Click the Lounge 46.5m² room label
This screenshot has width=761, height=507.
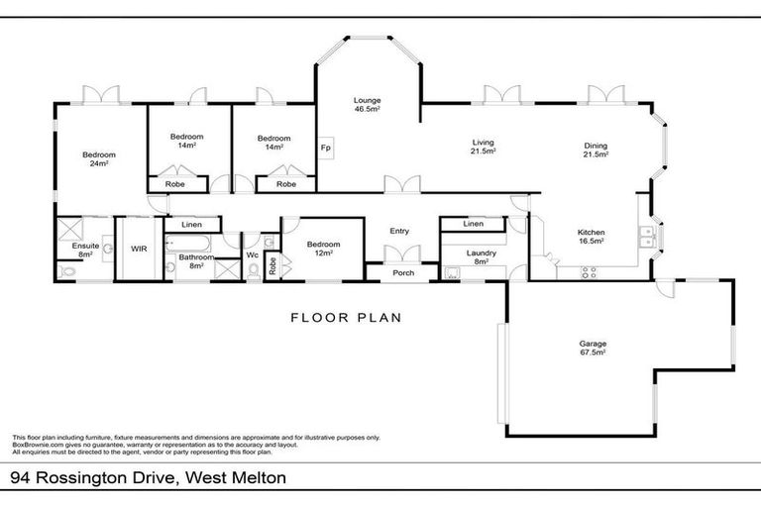click(x=368, y=105)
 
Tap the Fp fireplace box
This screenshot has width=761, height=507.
click(x=324, y=148)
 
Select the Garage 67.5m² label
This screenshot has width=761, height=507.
click(x=593, y=349)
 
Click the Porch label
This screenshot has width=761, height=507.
click(x=403, y=273)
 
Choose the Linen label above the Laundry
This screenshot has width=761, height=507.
click(x=473, y=224)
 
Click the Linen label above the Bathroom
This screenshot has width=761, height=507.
click(x=191, y=225)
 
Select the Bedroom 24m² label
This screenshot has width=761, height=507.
click(x=99, y=158)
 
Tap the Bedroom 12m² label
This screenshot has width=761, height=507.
click(x=323, y=249)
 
